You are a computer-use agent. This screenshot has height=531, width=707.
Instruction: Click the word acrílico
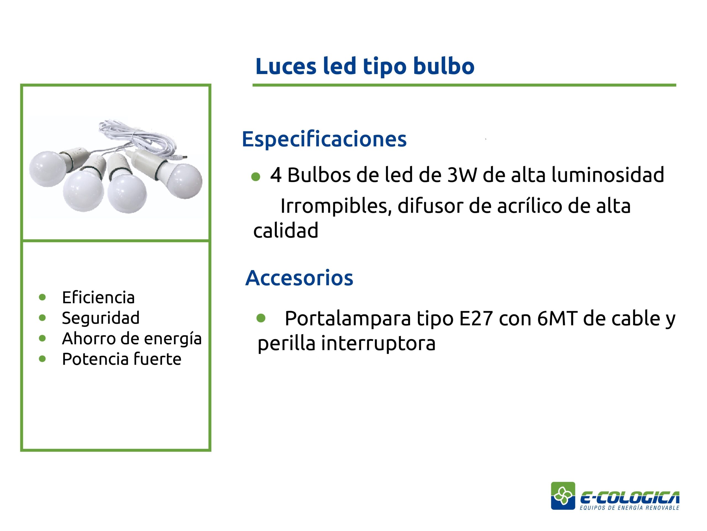point(529,206)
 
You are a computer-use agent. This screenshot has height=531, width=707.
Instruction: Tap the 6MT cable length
point(557,319)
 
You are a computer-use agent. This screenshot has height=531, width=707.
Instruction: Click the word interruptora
point(378,343)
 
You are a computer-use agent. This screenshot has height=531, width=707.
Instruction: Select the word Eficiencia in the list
point(98,297)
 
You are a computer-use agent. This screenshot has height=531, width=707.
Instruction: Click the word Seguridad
point(101,318)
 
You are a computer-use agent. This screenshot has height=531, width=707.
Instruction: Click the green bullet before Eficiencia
point(42,297)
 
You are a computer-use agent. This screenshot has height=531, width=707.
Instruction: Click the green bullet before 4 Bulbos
point(256,177)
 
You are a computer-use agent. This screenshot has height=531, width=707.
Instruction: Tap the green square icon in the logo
point(563,496)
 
